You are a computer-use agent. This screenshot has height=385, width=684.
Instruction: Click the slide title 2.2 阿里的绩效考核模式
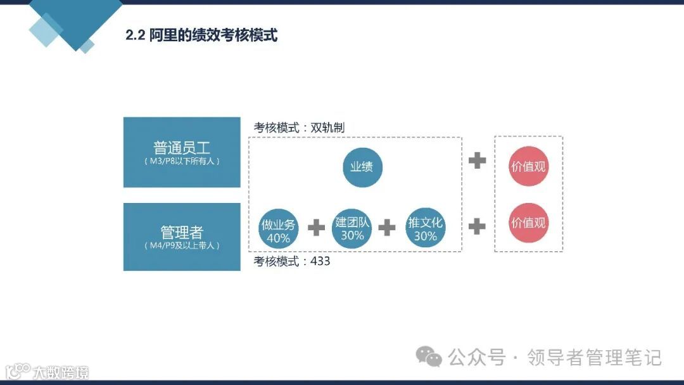(201, 35)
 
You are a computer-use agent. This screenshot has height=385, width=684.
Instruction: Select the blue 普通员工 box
(182, 152)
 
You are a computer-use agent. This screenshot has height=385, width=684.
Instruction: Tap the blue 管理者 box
(182, 237)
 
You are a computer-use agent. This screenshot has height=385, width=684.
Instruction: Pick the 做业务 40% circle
(278, 230)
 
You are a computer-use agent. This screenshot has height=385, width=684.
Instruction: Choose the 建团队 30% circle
(352, 228)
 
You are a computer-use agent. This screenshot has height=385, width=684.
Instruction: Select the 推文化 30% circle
(426, 228)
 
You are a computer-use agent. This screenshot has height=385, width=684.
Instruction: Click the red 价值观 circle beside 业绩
(528, 167)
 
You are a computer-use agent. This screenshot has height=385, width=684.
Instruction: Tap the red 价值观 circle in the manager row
(528, 223)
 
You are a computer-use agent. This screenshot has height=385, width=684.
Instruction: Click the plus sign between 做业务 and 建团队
(316, 227)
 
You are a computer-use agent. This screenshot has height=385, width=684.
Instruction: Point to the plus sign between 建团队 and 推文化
(387, 227)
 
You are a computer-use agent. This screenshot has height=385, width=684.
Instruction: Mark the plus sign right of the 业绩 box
(477, 160)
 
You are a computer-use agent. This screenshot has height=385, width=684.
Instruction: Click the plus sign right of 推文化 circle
(477, 226)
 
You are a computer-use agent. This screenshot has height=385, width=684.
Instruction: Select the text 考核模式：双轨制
(299, 127)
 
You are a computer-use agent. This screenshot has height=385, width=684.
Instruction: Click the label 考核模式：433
(292, 261)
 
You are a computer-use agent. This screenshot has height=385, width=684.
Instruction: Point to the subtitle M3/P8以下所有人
(182, 162)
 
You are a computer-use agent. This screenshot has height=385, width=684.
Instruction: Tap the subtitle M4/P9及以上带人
(182, 245)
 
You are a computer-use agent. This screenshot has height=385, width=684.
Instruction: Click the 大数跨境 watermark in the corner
(47, 371)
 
